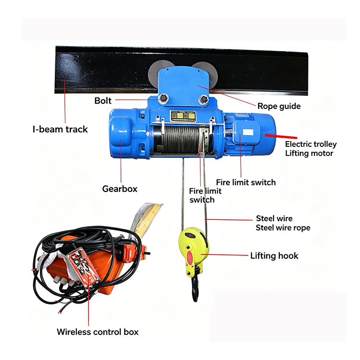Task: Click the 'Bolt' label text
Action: [x=103, y=101]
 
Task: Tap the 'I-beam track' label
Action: [x=60, y=129]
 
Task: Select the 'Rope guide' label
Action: [x=279, y=106]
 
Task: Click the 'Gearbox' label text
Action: [x=120, y=189]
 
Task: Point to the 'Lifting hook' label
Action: [x=274, y=255]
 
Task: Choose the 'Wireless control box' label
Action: [x=97, y=332]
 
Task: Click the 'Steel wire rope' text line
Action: [x=283, y=228]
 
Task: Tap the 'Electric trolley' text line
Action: [x=311, y=144]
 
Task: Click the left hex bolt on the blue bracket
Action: [x=163, y=99]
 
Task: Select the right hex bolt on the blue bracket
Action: [x=204, y=100]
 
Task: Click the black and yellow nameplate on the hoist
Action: [x=183, y=116]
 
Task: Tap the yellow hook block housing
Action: [x=193, y=250]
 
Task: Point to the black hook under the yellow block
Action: [x=195, y=289]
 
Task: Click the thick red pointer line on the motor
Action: [x=281, y=137]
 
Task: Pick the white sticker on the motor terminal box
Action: [x=248, y=132]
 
